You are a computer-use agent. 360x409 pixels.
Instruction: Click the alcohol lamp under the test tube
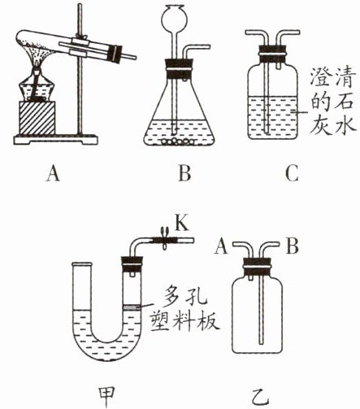click(x=37, y=86)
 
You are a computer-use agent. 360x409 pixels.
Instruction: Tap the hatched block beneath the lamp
click(x=37, y=118)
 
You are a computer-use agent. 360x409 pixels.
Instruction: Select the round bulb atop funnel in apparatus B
click(x=174, y=17)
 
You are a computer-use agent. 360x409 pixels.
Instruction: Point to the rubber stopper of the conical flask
click(x=179, y=67)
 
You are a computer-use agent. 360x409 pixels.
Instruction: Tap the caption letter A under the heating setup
click(x=53, y=174)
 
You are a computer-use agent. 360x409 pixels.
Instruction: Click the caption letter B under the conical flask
click(x=184, y=174)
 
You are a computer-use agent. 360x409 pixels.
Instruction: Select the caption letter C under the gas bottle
click(x=292, y=174)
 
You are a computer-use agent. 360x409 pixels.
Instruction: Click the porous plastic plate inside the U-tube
click(x=132, y=307)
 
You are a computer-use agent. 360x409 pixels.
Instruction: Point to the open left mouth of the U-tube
click(x=81, y=264)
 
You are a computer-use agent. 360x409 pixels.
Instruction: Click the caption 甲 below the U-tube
click(x=106, y=396)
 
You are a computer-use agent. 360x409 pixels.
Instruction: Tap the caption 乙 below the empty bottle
click(x=259, y=397)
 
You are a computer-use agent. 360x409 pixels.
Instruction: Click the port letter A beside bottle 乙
click(x=221, y=246)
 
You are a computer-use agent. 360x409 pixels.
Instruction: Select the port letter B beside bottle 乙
click(x=293, y=246)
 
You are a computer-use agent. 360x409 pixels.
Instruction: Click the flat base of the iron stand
click(x=55, y=139)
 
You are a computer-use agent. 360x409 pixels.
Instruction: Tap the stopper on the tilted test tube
click(x=115, y=54)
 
